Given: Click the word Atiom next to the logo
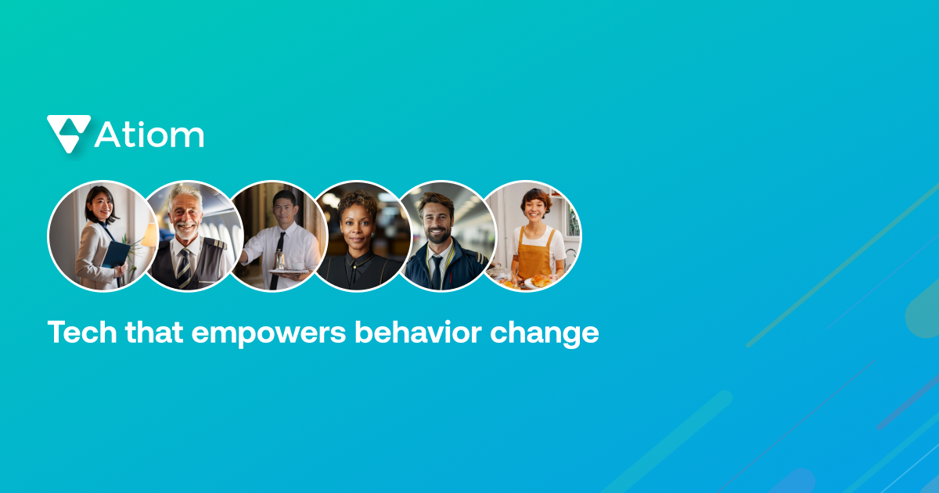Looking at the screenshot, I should click(149, 135).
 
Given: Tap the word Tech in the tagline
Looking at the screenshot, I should click(77, 333).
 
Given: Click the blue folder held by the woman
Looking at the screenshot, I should click(116, 254).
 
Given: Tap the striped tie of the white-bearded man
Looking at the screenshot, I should click(183, 267).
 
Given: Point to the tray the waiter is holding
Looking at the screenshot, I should click(290, 272).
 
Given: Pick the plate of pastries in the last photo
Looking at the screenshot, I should click(540, 281).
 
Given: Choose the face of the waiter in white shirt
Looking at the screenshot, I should click(282, 207).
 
